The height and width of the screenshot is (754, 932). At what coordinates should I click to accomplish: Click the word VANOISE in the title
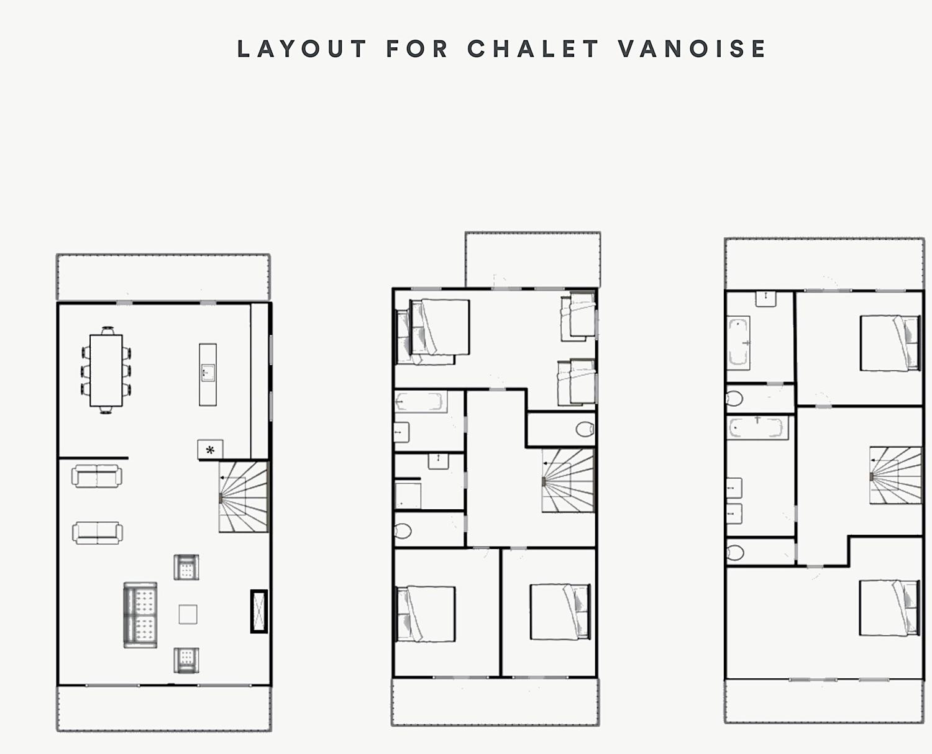692,48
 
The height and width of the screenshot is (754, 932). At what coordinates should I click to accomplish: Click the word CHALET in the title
532,48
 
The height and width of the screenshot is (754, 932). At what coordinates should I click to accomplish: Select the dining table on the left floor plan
106,370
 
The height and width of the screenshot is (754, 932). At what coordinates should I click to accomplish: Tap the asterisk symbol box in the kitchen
210,450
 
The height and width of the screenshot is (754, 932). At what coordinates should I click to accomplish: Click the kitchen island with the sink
208,375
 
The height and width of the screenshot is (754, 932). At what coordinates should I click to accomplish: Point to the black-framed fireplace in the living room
258,611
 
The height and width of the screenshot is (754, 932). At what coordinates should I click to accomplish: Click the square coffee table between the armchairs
188,614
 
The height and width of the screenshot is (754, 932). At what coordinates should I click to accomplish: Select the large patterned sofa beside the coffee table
140,615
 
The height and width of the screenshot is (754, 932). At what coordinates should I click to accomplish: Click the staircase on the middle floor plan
568,480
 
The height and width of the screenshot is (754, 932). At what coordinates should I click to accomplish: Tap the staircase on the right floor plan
895,475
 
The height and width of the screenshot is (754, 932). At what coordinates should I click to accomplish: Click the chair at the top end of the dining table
107,330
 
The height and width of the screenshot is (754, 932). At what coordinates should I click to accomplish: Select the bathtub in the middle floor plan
421,402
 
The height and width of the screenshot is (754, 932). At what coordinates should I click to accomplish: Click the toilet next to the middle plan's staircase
585,430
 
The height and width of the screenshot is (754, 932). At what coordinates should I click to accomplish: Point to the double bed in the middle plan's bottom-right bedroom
560,611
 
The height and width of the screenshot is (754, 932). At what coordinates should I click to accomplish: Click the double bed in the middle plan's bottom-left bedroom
426,614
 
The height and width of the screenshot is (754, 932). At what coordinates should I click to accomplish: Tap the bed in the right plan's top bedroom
890,343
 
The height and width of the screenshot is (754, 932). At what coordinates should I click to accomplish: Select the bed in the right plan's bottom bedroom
889,607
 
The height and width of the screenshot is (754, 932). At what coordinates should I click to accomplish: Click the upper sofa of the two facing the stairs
97,476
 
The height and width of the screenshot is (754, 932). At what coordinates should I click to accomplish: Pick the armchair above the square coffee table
186,567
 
